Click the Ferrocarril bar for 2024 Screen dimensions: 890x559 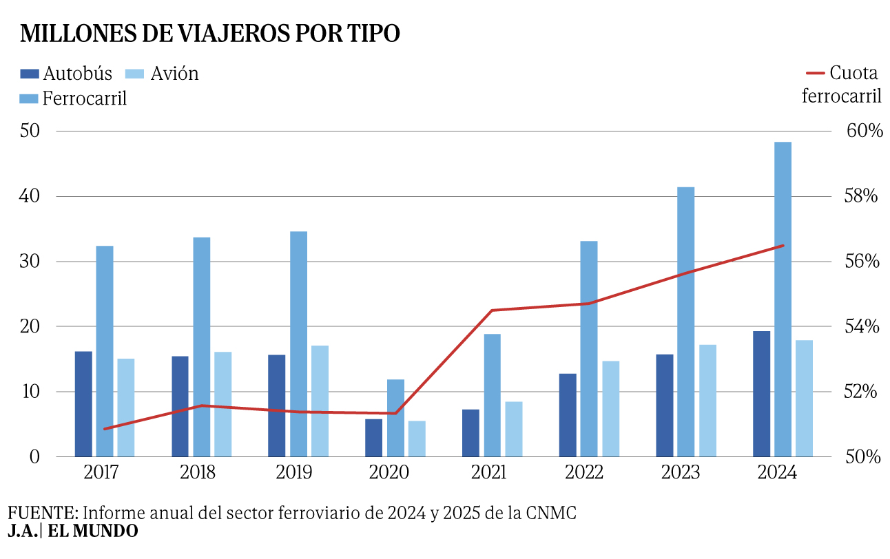pos(783,299)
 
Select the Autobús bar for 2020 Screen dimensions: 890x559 pos(373,438)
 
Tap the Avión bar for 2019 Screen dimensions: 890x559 pos(320,401)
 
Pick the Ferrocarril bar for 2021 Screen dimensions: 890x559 pos(493,395)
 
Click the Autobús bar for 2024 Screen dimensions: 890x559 pos(761,394)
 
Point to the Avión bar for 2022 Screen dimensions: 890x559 pos(611,409)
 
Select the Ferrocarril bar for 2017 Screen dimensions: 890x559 pos(105,351)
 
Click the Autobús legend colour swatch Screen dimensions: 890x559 pos(30,74)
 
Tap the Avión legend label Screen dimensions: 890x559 pos(174,74)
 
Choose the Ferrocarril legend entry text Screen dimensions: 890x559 pos(85,98)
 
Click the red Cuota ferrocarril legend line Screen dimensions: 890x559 pos(816,73)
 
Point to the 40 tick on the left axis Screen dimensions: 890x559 pos(30,196)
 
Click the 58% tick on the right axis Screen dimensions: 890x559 pos(860,196)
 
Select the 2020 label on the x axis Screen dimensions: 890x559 pos(389,472)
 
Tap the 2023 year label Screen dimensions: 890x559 pos(680,472)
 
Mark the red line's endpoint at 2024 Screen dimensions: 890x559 pos(783,246)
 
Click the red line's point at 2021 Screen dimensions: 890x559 pos(492,310)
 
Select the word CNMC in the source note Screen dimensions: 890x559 pos(551,513)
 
